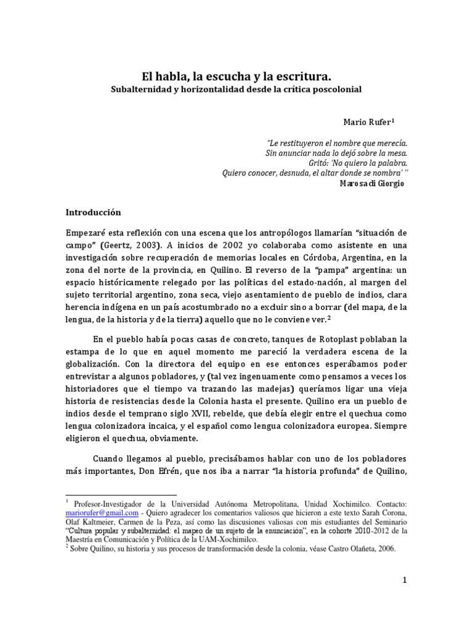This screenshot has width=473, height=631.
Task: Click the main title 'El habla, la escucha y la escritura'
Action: pos(236,76)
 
